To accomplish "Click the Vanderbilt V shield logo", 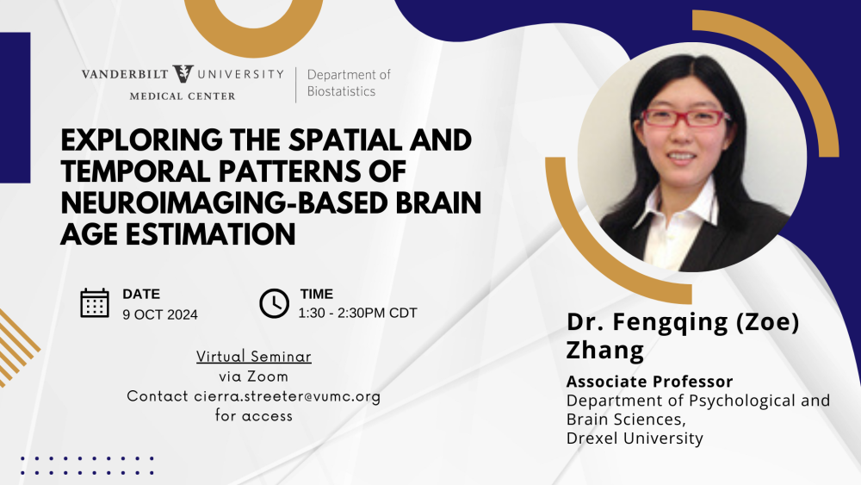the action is tap(183, 74).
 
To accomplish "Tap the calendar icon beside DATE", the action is tap(95, 302).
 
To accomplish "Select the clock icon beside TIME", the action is tap(274, 303).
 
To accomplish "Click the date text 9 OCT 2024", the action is tap(160, 314).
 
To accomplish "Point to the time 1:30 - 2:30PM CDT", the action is tap(357, 313).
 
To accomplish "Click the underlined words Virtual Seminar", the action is tap(254, 357).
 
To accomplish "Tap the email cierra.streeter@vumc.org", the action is tap(288, 396).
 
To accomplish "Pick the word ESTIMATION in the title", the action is tap(210, 234).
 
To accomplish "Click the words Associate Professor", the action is tap(649, 381).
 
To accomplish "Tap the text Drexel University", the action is tap(635, 438).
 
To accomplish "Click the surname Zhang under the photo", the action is tap(605, 351).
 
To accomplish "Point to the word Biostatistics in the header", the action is tap(341, 91).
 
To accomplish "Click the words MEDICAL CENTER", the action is tap(183, 96).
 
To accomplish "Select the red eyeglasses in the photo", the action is tap(684, 118).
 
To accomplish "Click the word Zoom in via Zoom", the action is tap(268, 376).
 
